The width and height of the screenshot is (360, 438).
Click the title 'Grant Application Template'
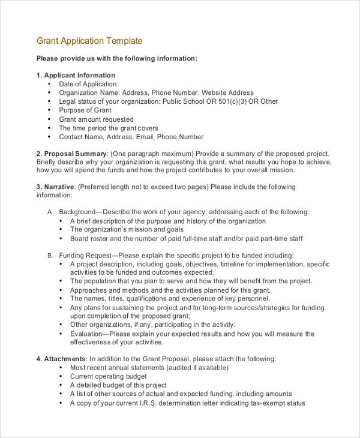[89, 41]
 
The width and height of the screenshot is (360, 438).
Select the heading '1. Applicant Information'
[76, 76]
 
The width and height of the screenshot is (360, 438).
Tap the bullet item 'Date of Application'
[88, 85]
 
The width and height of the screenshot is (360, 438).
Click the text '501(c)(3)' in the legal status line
[229, 102]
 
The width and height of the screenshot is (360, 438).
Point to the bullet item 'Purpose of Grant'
[85, 110]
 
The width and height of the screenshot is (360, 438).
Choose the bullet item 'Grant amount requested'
[96, 119]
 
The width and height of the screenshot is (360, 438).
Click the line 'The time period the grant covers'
[109, 128]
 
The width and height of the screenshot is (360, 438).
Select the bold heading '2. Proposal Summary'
[71, 154]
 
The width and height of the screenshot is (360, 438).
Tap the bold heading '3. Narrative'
[55, 187]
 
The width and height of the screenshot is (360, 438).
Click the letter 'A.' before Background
[50, 212]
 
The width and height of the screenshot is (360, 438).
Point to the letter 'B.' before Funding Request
[50, 256]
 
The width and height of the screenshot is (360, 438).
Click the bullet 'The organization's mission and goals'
[127, 230]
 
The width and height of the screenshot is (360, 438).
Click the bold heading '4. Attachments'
[61, 359]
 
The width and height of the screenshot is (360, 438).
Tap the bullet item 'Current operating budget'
[109, 377]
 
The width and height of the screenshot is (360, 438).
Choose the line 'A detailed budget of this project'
[118, 386]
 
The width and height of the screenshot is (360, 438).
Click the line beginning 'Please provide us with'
[116, 59]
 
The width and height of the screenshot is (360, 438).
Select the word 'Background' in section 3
[77, 212]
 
